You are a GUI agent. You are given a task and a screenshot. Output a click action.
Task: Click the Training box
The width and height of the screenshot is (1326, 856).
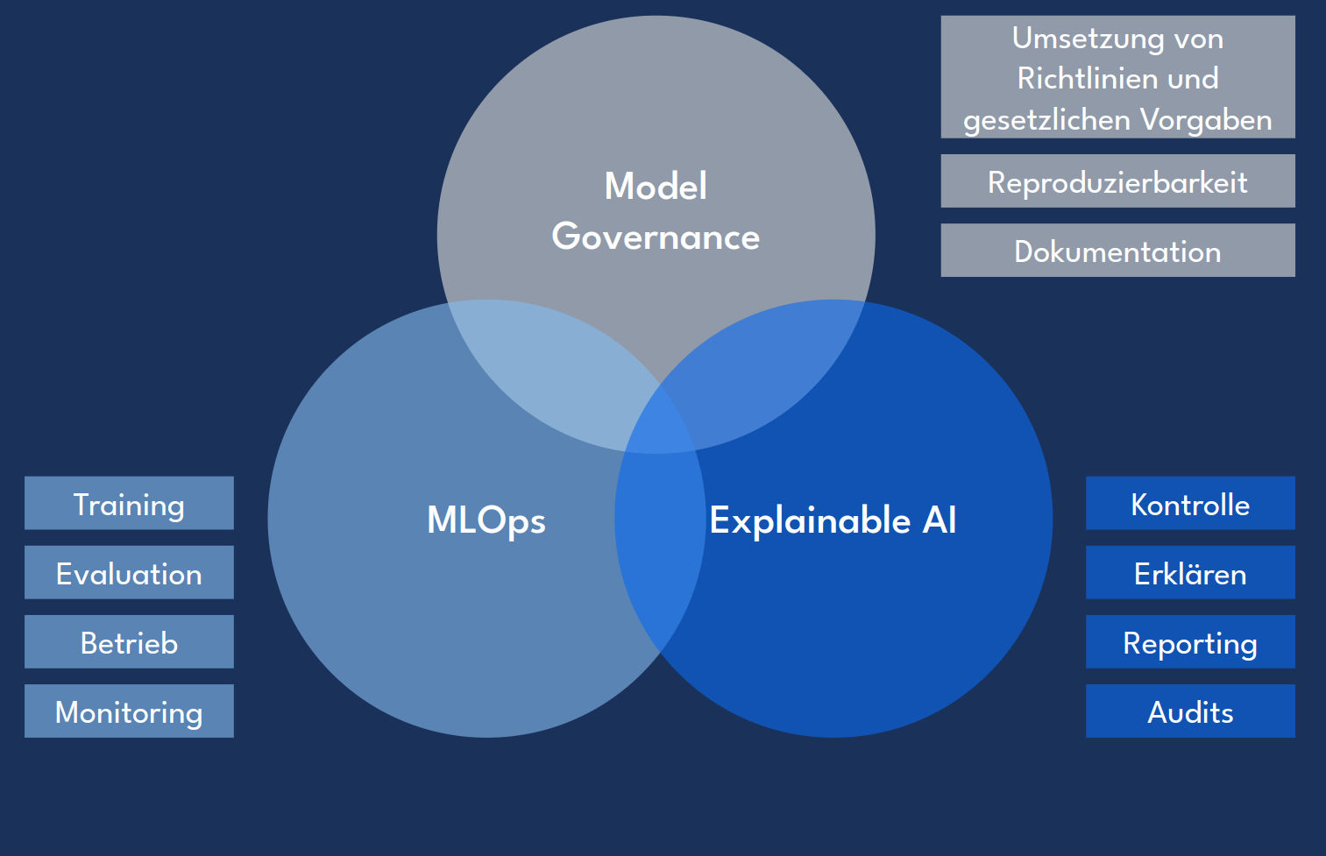click(x=129, y=504)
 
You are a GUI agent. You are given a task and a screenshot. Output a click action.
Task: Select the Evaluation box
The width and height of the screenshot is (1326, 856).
click(x=129, y=573)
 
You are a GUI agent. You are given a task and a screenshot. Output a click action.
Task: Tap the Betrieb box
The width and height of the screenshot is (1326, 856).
click(x=129, y=642)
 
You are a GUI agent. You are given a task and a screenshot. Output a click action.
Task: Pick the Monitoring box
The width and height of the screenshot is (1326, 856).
click(x=129, y=711)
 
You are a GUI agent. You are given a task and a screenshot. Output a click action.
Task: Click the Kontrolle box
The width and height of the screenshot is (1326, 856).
click(x=1189, y=504)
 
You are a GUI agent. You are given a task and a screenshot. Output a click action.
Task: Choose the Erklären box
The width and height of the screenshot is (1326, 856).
click(x=1189, y=573)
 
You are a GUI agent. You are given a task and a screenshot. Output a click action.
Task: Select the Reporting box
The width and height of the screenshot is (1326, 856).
click(x=1189, y=642)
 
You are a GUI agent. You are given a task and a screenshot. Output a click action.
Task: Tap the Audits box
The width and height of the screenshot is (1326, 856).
click(x=1189, y=711)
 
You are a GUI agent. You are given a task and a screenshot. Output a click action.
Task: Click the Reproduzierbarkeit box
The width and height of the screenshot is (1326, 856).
click(x=1117, y=181)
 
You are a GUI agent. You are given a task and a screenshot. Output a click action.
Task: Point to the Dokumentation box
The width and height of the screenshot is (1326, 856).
click(x=1117, y=251)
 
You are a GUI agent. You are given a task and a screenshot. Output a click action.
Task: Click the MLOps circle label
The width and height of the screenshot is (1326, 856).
click(x=486, y=520)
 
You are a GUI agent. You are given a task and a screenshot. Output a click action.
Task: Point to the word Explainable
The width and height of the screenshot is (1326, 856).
click(x=811, y=520)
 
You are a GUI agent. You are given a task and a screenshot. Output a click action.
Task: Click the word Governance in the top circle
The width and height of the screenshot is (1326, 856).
click(x=656, y=237)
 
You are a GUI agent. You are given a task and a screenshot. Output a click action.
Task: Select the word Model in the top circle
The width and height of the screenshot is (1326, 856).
click(x=656, y=186)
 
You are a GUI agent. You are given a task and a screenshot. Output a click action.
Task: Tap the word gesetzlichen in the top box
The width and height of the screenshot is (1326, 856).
click(x=1038, y=119)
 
